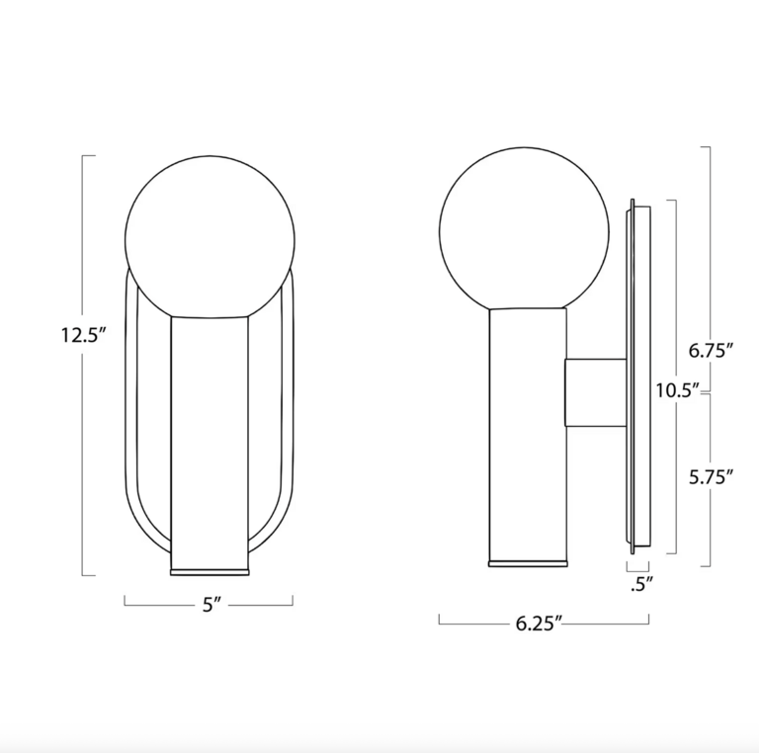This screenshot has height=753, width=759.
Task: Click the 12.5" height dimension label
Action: (x=82, y=336)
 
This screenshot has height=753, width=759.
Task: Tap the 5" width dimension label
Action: (x=209, y=606)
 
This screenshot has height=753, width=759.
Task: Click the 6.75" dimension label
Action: (x=710, y=350)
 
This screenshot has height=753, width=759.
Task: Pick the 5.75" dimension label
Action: (x=710, y=477)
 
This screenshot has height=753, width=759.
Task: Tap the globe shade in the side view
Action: (x=523, y=229)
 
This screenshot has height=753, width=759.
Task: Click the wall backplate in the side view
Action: (x=638, y=376)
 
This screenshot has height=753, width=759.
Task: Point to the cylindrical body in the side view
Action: (x=528, y=435)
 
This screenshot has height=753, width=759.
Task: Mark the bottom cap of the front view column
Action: (x=210, y=570)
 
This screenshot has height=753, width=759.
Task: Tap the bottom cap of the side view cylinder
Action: (x=529, y=563)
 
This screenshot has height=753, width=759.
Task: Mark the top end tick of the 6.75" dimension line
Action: (x=705, y=147)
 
